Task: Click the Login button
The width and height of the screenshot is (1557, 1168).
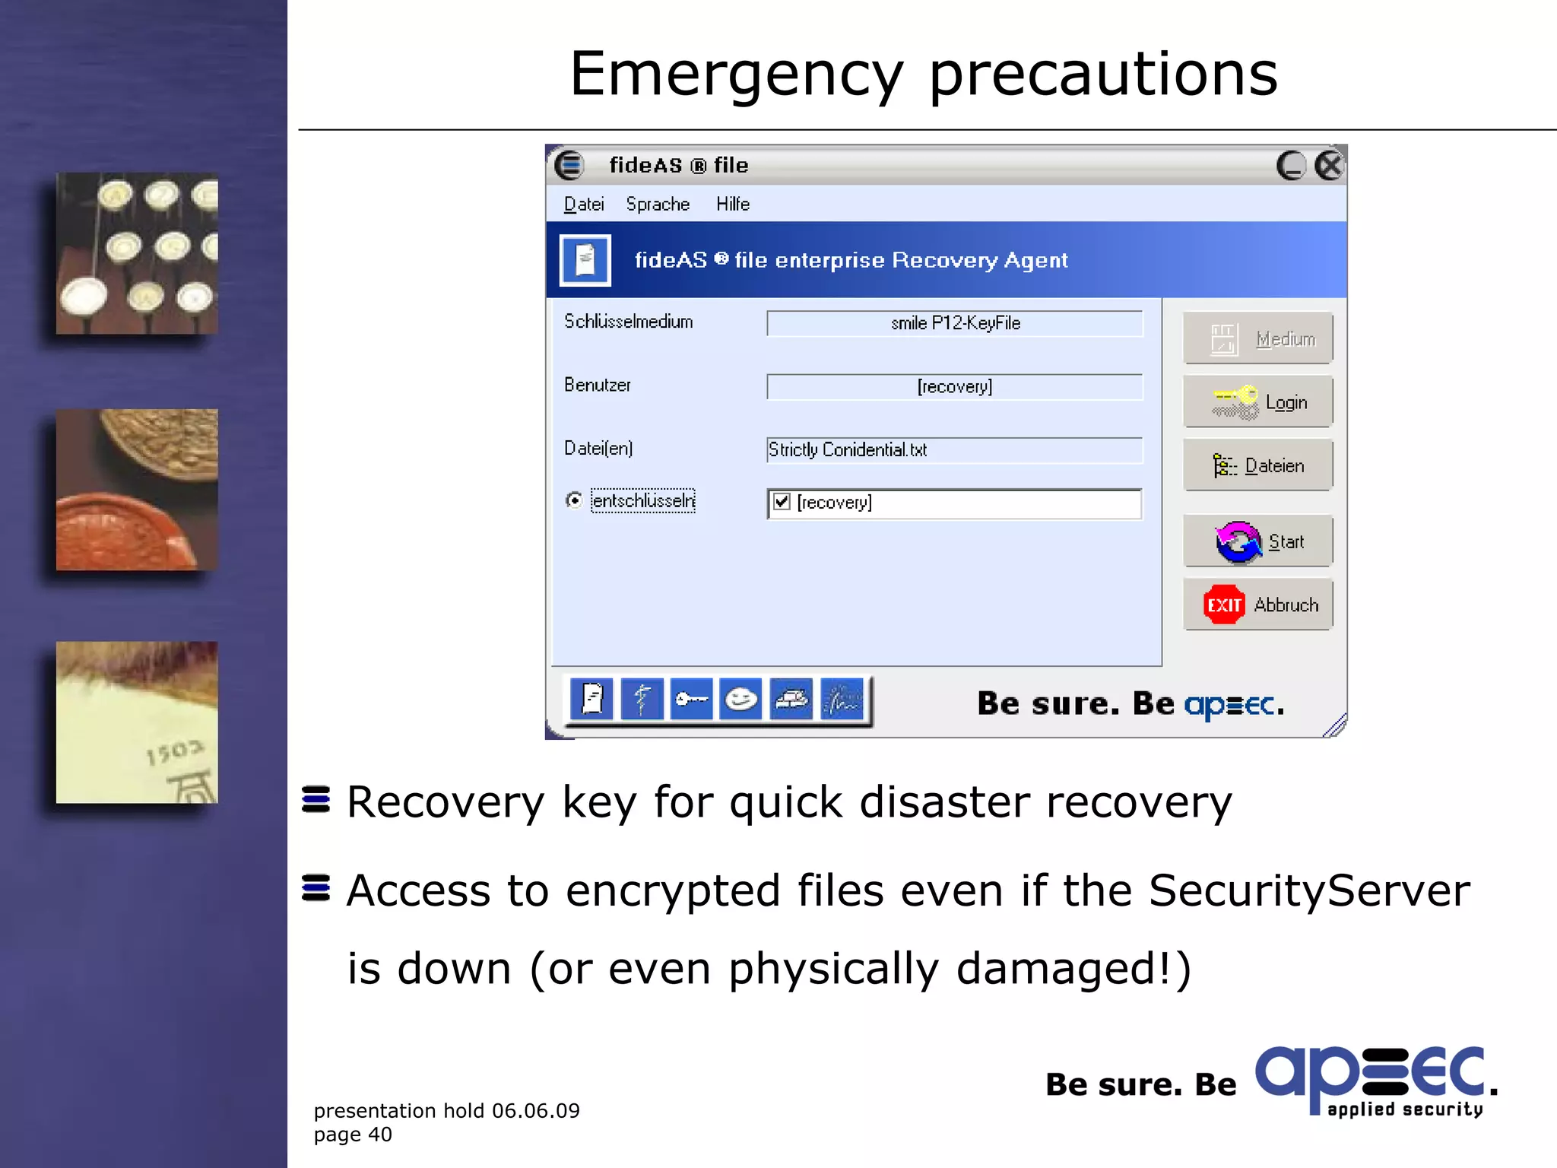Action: [x=1258, y=401]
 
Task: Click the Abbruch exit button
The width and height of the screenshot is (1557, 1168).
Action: [x=1258, y=605]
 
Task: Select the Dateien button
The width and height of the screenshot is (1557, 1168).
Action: [x=1258, y=465]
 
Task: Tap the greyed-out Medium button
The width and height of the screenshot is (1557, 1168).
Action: [x=1258, y=338]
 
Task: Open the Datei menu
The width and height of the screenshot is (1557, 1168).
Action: [x=584, y=204]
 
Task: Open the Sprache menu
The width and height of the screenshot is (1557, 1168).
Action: [x=658, y=204]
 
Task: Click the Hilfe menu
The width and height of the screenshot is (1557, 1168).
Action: [x=733, y=204]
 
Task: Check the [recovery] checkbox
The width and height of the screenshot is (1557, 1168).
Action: [x=782, y=502]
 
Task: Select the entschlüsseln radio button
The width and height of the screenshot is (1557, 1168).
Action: [x=575, y=500]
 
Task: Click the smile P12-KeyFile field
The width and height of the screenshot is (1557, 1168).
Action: [x=954, y=323]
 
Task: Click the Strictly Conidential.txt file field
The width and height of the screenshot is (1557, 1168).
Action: [x=954, y=450]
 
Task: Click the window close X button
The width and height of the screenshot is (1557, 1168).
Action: [x=1329, y=165]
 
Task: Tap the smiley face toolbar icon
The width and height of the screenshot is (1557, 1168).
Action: [x=740, y=699]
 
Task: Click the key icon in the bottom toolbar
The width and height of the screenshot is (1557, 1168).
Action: [x=690, y=699]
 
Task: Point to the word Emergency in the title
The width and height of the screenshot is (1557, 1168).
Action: [x=736, y=75]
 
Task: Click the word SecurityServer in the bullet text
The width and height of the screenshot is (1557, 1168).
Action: [x=1308, y=890]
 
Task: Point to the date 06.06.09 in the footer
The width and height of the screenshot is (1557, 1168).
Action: [x=535, y=1111]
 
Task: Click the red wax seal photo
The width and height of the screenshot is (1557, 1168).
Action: [x=137, y=490]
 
